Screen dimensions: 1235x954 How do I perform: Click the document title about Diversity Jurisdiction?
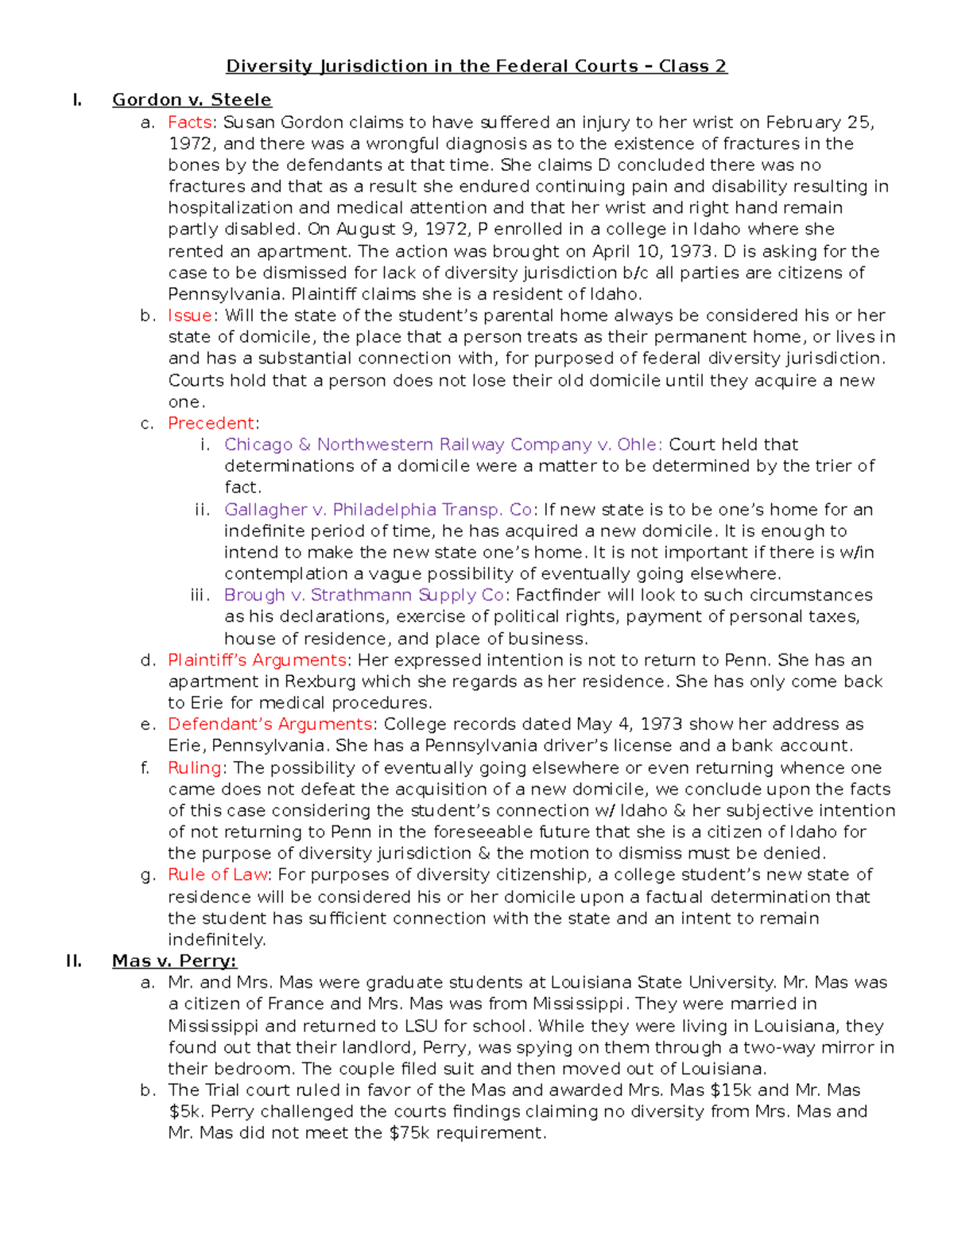click(476, 66)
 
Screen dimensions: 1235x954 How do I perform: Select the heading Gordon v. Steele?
click(192, 99)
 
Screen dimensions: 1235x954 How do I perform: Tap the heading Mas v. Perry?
click(174, 961)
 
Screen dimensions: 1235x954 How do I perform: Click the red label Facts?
click(189, 122)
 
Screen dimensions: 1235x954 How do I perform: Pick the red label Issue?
click(189, 315)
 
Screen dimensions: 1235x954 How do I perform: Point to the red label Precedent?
click(211, 423)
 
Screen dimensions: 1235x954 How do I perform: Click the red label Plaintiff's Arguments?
click(257, 660)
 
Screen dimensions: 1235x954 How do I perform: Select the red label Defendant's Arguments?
click(270, 724)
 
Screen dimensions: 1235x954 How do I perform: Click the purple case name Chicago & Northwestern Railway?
click(442, 445)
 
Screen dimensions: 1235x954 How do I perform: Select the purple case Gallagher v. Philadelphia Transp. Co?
click(378, 509)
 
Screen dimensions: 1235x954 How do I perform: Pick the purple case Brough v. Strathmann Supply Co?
click(364, 595)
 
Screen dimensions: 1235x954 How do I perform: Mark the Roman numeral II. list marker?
click(74, 961)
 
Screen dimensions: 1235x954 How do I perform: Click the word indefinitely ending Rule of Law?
click(216, 939)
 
